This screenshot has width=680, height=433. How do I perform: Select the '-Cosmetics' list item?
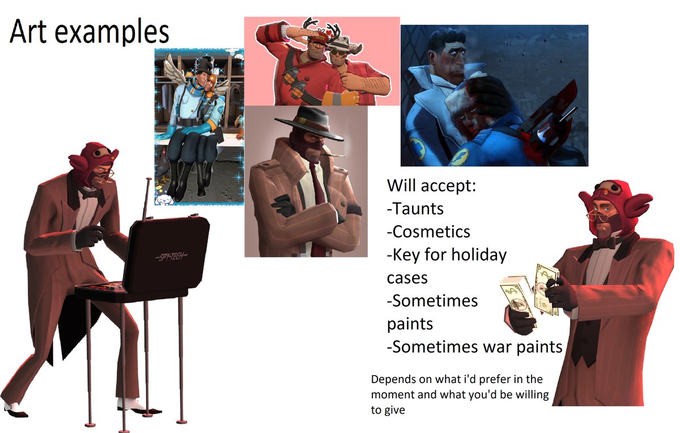pos(428,232)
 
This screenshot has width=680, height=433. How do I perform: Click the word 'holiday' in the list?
pos(479,254)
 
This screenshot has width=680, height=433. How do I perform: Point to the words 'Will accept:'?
pos(431,185)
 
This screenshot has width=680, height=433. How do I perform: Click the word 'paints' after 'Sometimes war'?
pos(534,346)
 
